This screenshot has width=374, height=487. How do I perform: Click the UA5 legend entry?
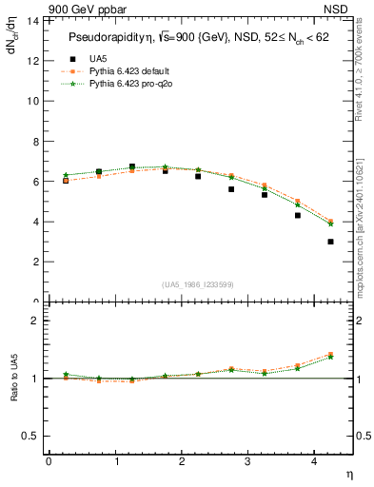(95, 59)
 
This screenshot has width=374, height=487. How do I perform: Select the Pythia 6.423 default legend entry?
(130, 71)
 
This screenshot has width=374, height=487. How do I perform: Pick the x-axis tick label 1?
(116, 461)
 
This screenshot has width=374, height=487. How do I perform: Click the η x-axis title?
(348, 474)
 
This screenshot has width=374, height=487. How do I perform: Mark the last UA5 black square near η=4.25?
(330, 242)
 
